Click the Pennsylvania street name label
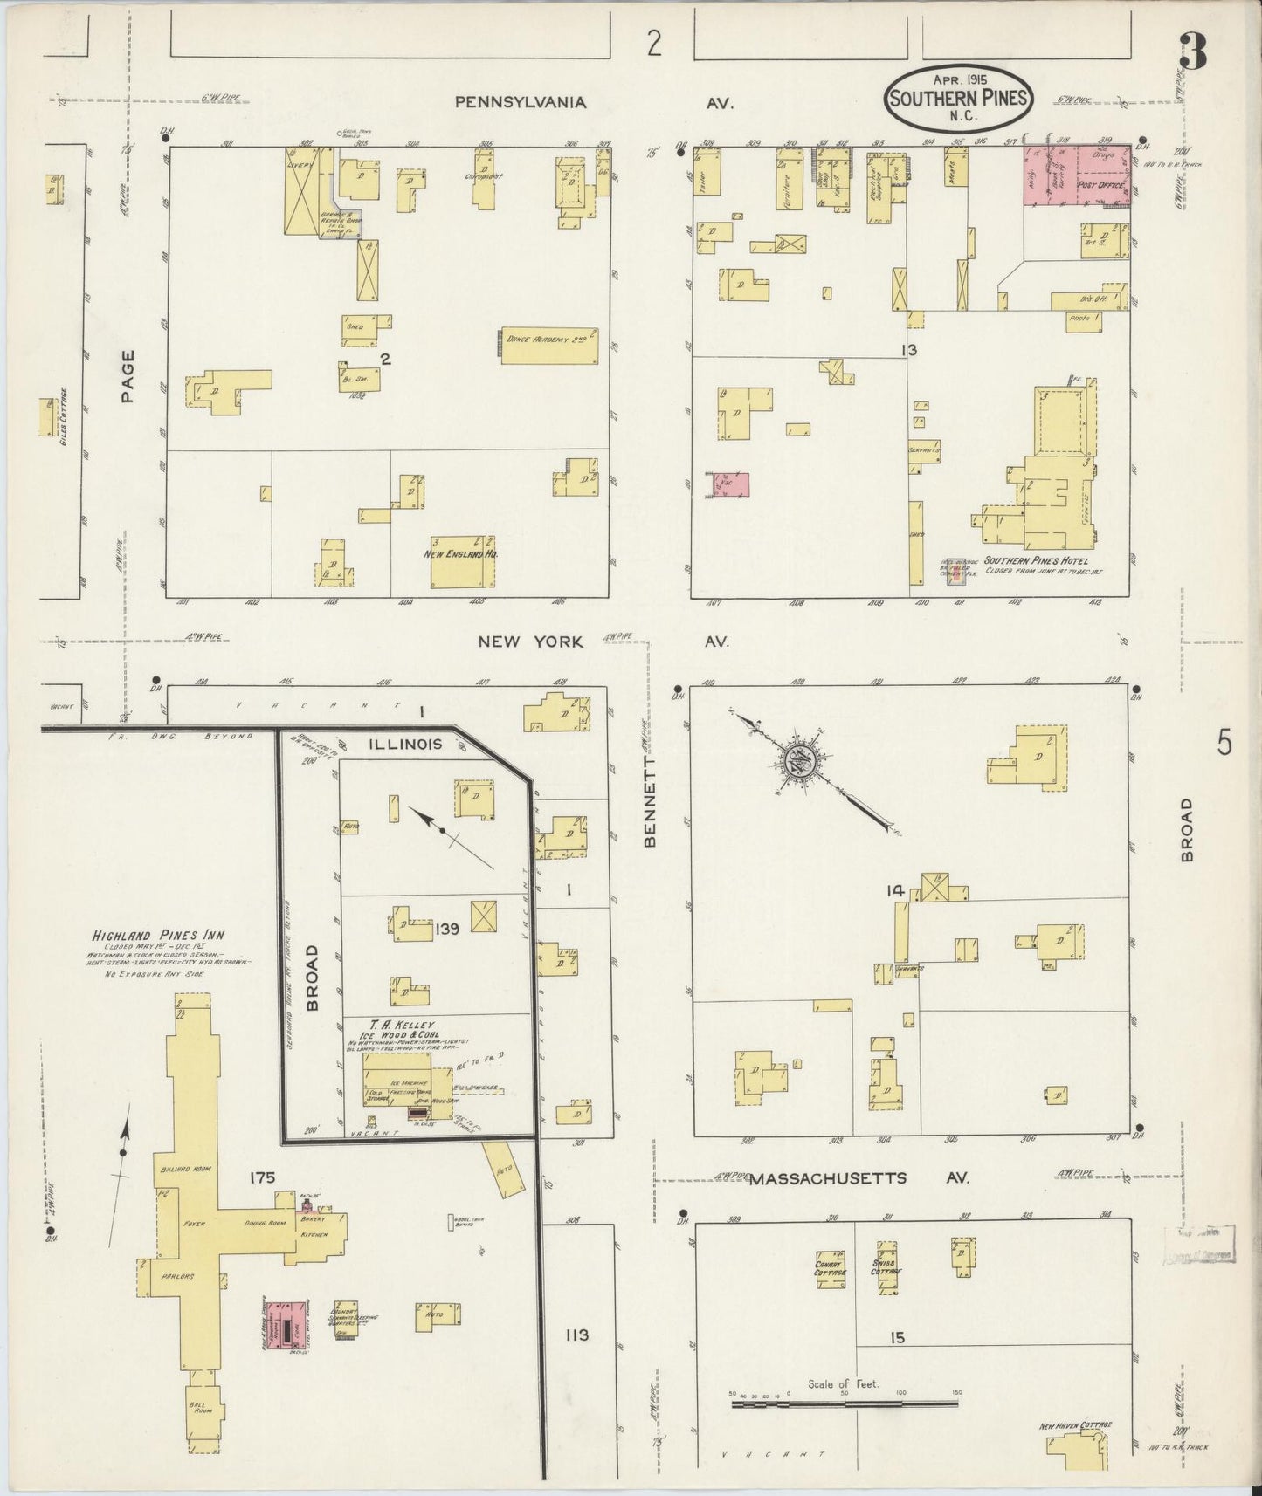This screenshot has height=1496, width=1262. pos(520,102)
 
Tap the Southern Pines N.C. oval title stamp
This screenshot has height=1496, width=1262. pos(958,98)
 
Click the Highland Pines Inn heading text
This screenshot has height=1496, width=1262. pos(147,935)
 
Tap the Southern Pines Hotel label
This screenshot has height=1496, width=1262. pos(1036,561)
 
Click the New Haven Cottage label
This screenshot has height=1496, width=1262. pos(1075,1426)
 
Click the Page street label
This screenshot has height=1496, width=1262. pos(128,376)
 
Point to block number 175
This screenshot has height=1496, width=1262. pos(262,1177)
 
